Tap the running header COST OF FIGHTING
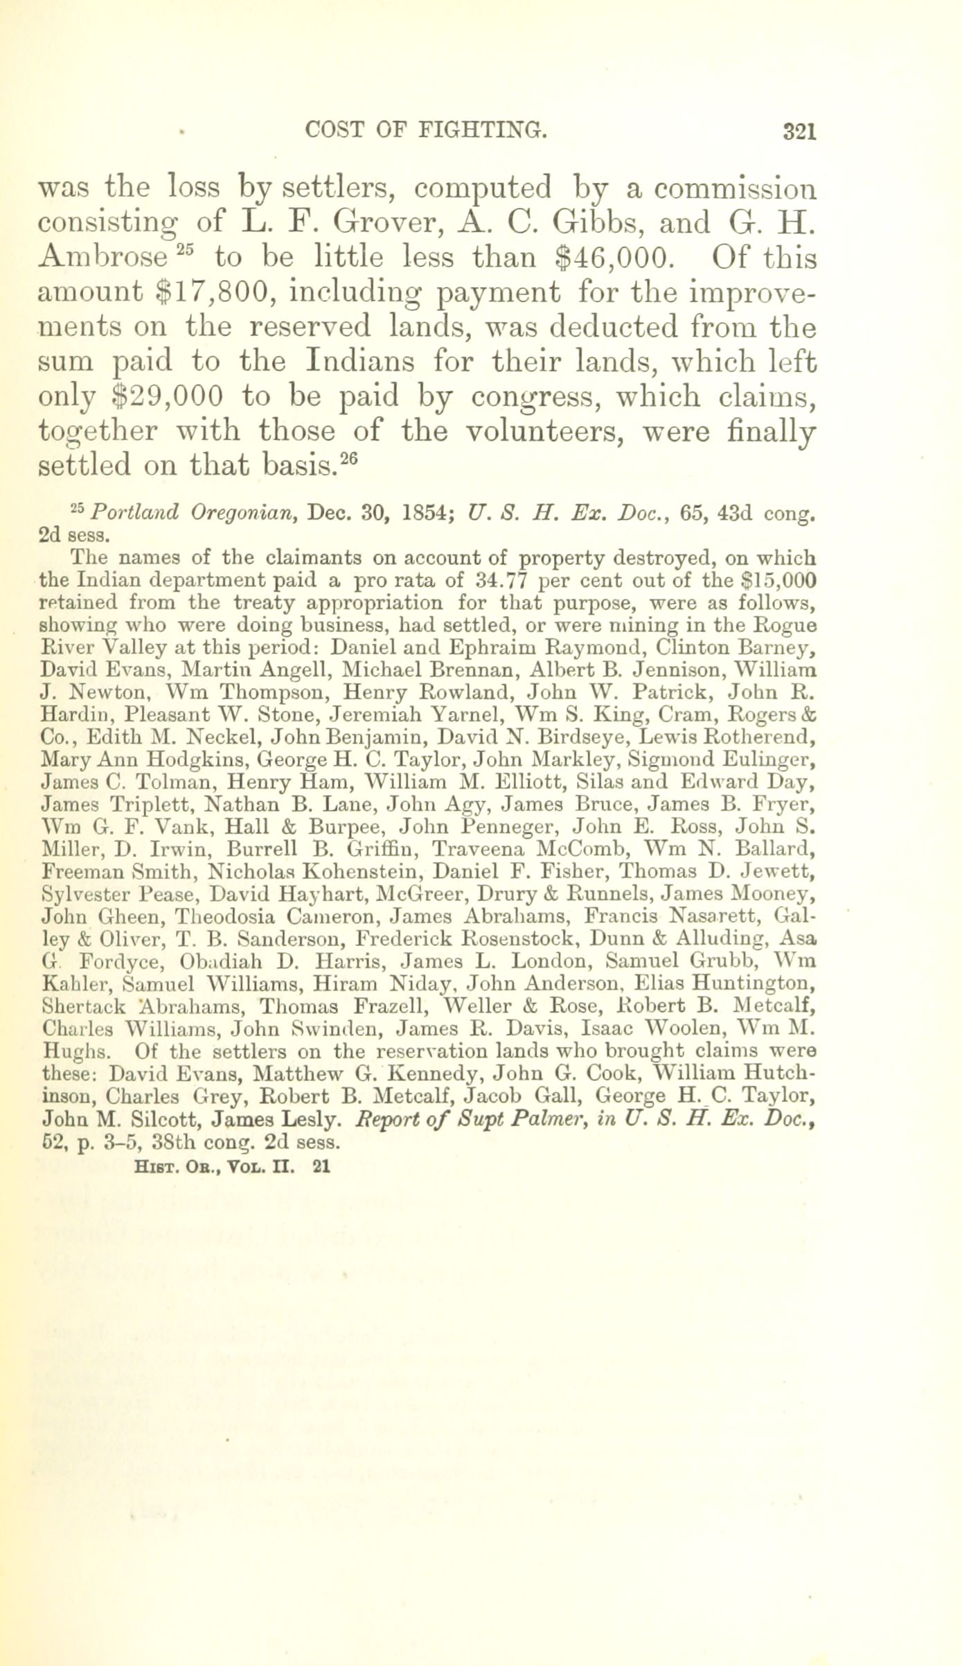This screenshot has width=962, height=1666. pos(425,130)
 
